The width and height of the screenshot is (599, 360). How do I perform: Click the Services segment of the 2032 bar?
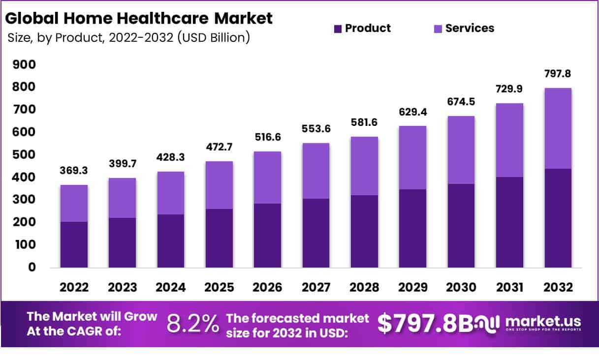point(558,128)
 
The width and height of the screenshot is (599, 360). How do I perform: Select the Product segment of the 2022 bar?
point(74,244)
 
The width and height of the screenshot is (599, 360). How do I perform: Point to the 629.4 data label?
point(412,113)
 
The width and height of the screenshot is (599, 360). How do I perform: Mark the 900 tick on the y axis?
point(24,64)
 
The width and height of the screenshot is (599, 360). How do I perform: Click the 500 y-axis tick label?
point(24,154)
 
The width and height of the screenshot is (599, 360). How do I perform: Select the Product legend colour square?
point(338,29)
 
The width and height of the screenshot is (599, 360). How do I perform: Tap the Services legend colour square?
point(438,29)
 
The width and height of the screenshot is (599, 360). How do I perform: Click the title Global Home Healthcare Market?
point(139,19)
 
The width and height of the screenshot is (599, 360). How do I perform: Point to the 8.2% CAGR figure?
point(192,324)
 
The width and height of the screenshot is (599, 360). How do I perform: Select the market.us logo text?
point(543,322)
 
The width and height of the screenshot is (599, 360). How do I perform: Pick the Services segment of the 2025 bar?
point(219,185)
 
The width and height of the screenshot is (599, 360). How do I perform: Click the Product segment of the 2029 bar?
point(412,228)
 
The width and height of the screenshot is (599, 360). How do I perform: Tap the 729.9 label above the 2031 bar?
point(509,90)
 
